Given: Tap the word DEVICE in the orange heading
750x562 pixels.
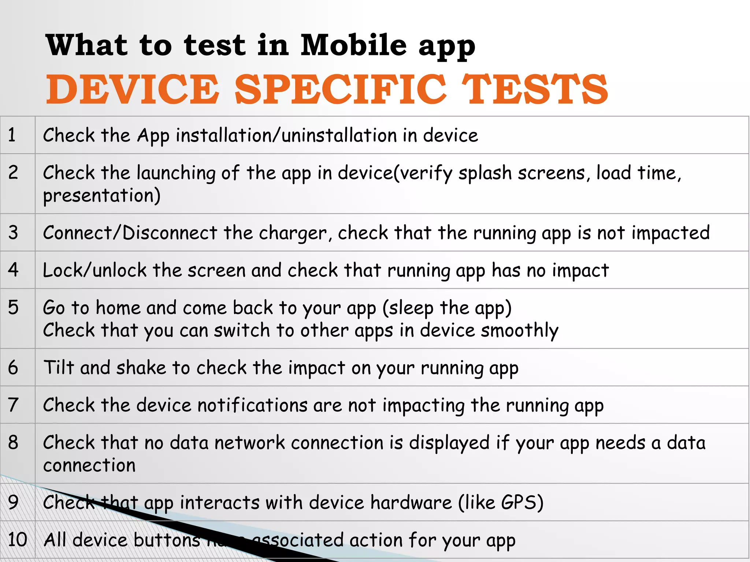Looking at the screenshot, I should (133, 89).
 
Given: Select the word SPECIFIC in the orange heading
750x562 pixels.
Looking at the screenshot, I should (340, 89).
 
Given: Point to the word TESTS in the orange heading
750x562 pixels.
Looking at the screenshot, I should (535, 89).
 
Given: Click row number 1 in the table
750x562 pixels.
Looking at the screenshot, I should (12, 135).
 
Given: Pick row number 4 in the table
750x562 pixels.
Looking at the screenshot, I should (13, 270).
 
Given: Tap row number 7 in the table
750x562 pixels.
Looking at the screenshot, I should (13, 405).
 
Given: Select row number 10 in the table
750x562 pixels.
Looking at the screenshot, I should (17, 540).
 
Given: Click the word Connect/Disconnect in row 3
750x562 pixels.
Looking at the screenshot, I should (130, 233).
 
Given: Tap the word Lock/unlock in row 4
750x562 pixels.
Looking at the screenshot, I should (94, 270).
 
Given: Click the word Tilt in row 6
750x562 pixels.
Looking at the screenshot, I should (59, 367).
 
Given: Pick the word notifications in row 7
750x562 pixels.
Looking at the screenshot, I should (252, 405).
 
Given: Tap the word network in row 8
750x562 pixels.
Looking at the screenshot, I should (249, 443).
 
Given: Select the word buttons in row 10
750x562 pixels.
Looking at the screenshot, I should (167, 540).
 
